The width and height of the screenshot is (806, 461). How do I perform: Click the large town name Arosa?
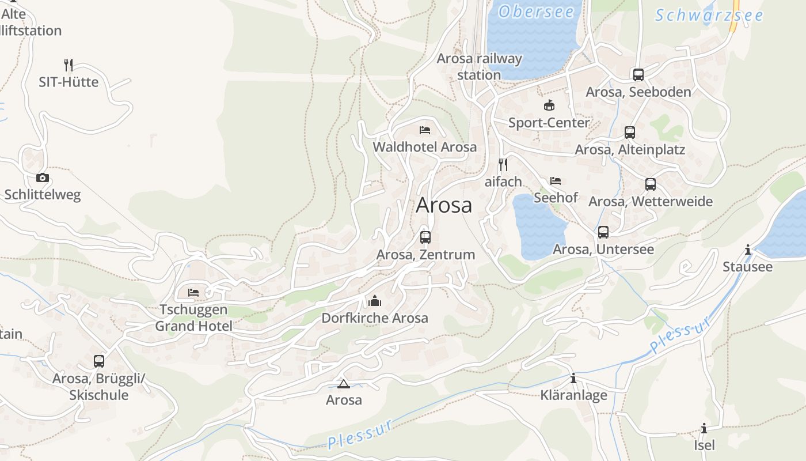coord(444,205)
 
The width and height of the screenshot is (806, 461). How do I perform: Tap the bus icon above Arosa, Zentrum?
coord(425,237)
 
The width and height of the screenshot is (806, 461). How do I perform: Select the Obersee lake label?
coord(536,12)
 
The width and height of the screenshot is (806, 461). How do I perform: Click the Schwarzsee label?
coord(709,16)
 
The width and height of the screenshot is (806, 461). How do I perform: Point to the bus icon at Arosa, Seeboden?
coord(638,74)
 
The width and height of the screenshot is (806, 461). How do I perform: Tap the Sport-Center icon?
coord(549,105)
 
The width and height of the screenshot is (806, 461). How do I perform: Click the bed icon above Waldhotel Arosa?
coord(425,130)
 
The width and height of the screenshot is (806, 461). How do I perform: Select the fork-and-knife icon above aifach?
coord(503,165)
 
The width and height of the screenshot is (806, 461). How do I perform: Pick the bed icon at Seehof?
coord(556,181)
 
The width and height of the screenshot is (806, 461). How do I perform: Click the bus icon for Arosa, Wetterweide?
coord(651,184)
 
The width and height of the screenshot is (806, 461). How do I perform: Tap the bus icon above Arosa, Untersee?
coord(603,232)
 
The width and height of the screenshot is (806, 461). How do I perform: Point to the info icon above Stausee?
coord(748,250)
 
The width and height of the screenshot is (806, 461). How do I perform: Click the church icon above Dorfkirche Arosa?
coord(375,301)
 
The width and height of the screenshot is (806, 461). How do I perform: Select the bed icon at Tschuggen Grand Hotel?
coord(193,293)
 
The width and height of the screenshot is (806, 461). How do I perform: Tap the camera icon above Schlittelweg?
coord(43,177)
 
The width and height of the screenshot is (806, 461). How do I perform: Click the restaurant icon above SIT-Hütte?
coord(69,65)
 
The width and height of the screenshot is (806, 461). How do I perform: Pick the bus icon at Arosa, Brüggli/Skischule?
coord(99,361)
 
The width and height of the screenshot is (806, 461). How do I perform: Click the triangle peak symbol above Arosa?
coord(344,384)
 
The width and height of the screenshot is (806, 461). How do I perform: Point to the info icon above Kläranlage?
coord(573,378)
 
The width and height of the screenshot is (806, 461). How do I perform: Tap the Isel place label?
coord(704,445)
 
